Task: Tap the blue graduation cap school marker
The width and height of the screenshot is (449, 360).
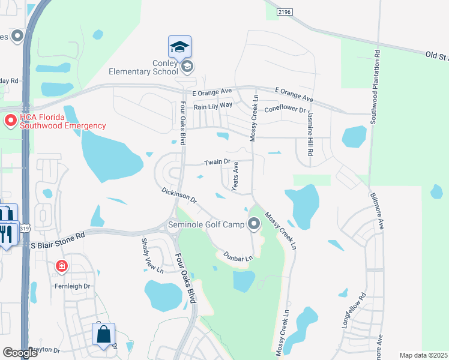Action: click(x=179, y=46)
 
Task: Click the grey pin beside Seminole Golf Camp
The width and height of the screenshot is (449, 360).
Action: click(x=254, y=224)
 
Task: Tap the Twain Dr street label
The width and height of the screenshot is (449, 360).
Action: click(x=217, y=162)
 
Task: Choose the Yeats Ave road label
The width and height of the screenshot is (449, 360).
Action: click(x=235, y=177)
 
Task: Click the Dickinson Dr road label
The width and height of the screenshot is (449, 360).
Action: click(x=179, y=194)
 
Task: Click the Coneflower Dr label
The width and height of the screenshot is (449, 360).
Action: click(x=285, y=109)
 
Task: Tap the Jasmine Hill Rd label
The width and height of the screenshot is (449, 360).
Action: click(x=310, y=133)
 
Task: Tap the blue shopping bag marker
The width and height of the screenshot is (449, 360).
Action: click(x=104, y=335)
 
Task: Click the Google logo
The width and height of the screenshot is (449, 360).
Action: click(x=20, y=353)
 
